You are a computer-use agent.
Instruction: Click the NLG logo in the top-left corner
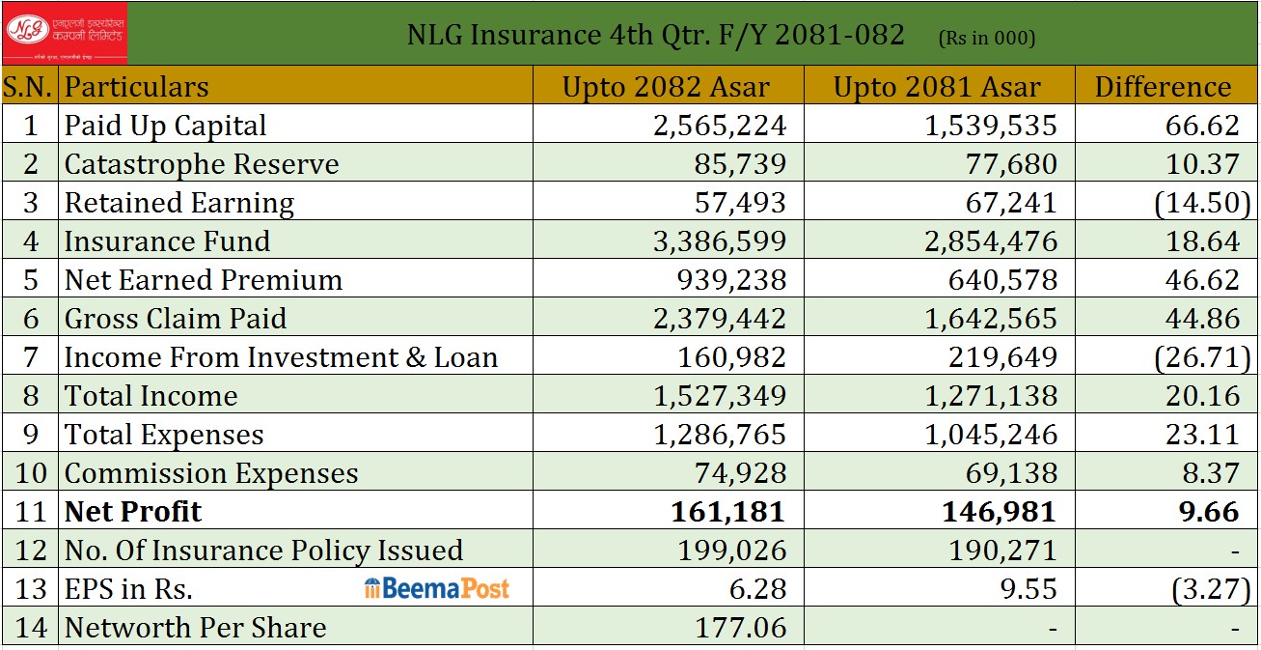[x=64, y=33]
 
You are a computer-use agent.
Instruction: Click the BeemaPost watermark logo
[x=437, y=588]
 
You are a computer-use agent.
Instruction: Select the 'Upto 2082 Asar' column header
[x=666, y=87]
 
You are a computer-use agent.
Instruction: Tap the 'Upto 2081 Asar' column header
[x=937, y=87]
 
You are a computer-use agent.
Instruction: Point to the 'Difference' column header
[x=1163, y=87]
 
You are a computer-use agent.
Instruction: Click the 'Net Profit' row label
[x=133, y=511]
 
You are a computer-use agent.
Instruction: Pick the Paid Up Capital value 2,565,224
[x=720, y=126]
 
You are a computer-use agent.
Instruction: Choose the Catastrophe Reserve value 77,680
[x=1011, y=164]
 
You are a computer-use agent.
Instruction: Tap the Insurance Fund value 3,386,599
[x=720, y=241]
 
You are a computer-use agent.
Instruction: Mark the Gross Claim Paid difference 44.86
[x=1202, y=319]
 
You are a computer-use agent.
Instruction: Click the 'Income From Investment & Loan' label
[x=281, y=357]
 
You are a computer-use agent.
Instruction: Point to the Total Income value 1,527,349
[x=720, y=396]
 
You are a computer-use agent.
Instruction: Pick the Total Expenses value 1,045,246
[x=991, y=435]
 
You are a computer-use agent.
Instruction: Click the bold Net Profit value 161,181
[x=729, y=511]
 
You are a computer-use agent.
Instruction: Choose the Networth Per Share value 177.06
[x=741, y=627]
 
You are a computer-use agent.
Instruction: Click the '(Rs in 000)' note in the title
[x=987, y=39]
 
